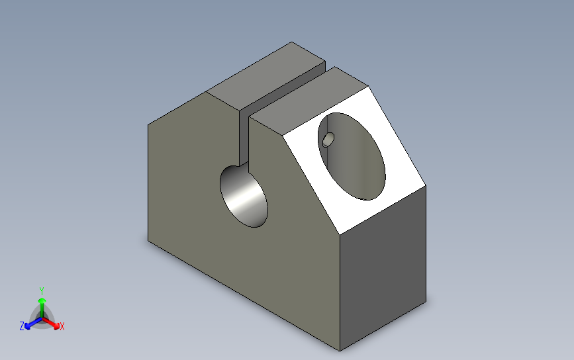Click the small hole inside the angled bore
(328, 140)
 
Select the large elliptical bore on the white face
(352, 156)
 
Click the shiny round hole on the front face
(244, 196)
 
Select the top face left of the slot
(266, 75)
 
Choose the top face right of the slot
(309, 101)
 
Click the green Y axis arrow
(42, 307)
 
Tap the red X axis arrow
(51, 323)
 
